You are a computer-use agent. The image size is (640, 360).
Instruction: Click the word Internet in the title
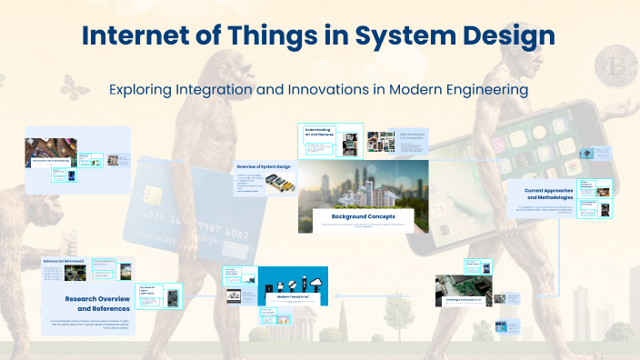tap(135, 36)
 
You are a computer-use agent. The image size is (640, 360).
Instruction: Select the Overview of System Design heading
tap(263, 168)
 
